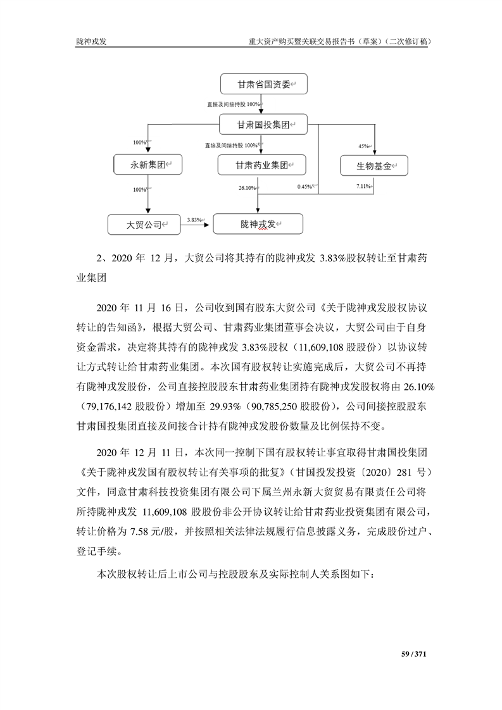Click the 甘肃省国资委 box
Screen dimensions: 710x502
(x=263, y=84)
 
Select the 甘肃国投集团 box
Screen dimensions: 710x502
(x=263, y=125)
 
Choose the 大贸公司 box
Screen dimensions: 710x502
(x=144, y=223)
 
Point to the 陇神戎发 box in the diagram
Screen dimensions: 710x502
(x=258, y=224)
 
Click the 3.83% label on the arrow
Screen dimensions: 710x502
(x=194, y=220)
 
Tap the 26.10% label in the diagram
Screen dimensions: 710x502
(x=246, y=188)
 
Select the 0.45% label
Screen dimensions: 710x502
(x=304, y=186)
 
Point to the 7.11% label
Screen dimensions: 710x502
(x=363, y=186)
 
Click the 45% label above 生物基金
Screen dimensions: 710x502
(x=363, y=146)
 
